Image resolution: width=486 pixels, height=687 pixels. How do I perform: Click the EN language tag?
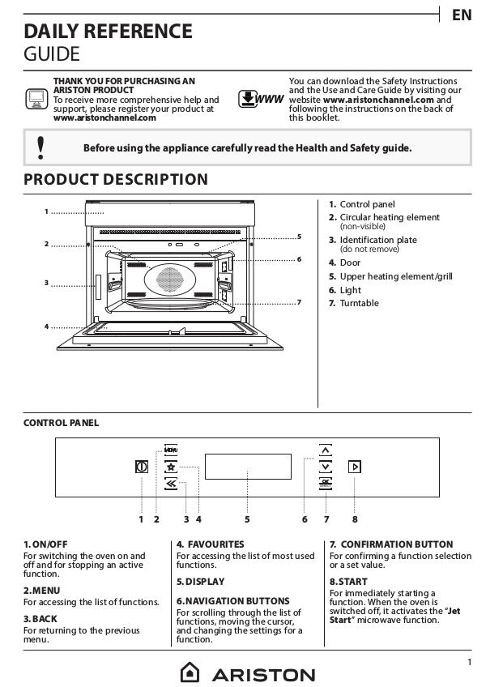point(462,15)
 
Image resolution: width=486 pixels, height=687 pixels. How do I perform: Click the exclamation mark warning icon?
point(40,147)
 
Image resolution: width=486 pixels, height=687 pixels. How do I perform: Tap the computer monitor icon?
point(36,99)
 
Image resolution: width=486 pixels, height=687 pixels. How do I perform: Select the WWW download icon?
point(261,99)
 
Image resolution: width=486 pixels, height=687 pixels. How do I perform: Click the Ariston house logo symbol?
point(190,672)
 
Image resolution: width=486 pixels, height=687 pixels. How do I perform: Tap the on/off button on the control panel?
point(142,467)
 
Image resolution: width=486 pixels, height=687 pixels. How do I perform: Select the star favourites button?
point(171,467)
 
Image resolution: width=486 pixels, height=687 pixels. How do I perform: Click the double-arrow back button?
point(171,484)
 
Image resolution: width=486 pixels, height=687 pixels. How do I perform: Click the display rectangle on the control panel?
point(248,467)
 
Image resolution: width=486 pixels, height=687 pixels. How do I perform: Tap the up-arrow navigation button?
point(325,450)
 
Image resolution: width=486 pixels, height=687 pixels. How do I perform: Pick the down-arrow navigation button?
point(325,467)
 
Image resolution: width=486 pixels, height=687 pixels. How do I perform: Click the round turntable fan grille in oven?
point(169,279)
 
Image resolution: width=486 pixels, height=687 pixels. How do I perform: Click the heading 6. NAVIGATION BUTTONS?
point(233,600)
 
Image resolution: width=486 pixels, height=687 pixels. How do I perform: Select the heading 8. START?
point(348,582)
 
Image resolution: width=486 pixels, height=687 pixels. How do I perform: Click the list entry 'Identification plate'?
point(378,240)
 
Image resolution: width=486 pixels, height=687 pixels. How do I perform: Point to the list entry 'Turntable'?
point(360,303)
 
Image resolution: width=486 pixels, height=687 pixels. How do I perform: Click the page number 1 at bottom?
point(470,662)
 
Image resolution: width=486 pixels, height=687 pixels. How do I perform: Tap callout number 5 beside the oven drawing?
point(300,237)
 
